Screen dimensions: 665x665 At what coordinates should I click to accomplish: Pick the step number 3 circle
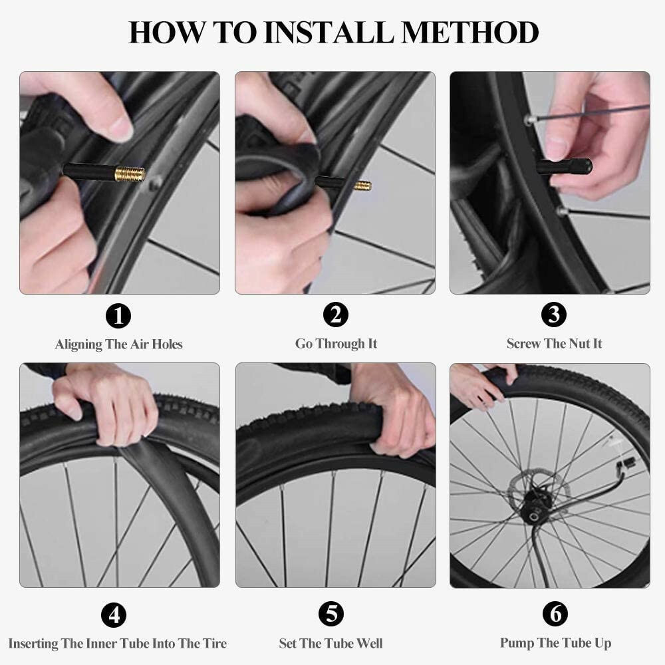coord(554,315)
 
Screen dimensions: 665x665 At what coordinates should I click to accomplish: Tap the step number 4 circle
coord(114,615)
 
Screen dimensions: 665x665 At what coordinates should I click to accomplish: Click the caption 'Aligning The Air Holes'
coord(118,344)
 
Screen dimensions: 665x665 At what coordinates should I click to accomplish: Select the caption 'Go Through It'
coord(336,344)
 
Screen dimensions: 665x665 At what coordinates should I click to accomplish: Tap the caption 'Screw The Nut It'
coord(554,344)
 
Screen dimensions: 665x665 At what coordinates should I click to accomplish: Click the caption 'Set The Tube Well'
coord(331,644)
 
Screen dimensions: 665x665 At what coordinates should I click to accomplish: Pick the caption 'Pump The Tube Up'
coord(555,643)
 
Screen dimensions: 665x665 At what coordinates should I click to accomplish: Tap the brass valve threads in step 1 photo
coord(130,175)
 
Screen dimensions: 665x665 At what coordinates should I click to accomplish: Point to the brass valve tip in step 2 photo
coord(362,186)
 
